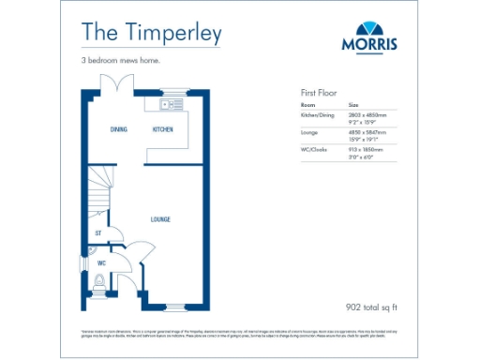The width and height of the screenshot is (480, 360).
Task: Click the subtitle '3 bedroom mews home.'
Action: pyautogui.click(x=120, y=62)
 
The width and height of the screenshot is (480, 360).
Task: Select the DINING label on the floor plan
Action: pyautogui.click(x=118, y=129)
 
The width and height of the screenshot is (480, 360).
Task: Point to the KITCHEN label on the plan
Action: pyautogui.click(x=163, y=129)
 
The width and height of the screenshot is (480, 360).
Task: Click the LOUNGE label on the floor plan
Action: pyautogui.click(x=160, y=219)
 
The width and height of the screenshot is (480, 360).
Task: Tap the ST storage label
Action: pyautogui.click(x=97, y=232)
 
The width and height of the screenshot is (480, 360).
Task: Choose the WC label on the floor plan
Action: pyautogui.click(x=100, y=263)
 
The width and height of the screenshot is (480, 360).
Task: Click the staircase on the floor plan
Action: pyautogui.click(x=101, y=190)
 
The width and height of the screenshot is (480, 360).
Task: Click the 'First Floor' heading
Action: pyautogui.click(x=319, y=94)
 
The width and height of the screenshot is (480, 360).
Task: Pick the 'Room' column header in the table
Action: pyautogui.click(x=307, y=106)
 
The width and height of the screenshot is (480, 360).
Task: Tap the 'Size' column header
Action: pyautogui.click(x=354, y=106)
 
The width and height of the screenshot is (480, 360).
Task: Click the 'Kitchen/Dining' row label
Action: pyautogui.click(x=318, y=114)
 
